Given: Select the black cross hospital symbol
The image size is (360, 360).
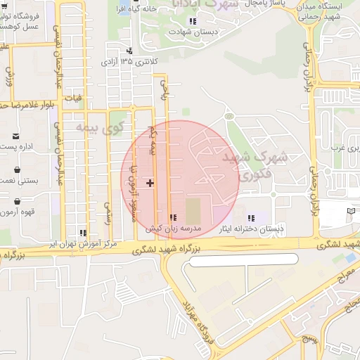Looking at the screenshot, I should pos(150,183).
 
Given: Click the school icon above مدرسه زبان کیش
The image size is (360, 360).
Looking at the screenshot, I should pos(174,218).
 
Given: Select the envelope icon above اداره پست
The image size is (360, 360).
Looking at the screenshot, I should pos(16,136).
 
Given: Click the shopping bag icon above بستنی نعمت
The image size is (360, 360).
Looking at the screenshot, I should pos(16,169).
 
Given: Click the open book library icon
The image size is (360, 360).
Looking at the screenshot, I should pos(351,211).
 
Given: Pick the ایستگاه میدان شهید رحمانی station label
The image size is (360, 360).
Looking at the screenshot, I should pos(325,12).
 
